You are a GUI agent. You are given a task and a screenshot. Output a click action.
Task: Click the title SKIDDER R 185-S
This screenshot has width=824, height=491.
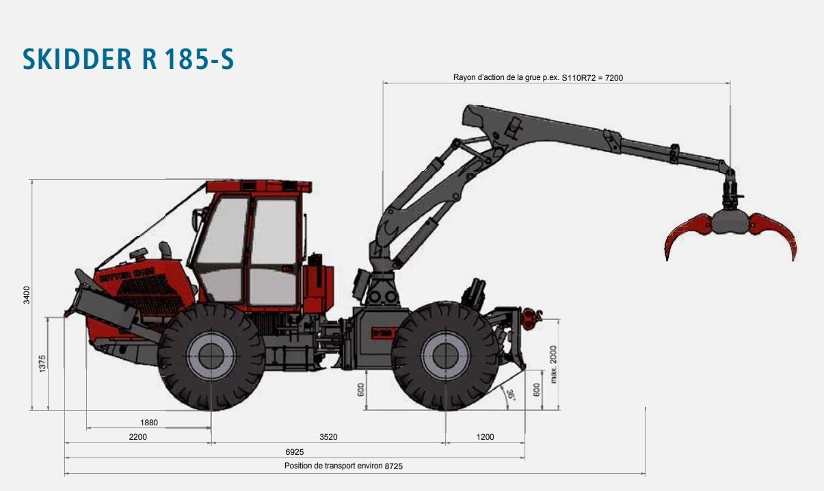[x=129, y=59]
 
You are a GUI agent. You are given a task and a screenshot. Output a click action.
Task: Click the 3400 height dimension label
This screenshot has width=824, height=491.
[x=27, y=295]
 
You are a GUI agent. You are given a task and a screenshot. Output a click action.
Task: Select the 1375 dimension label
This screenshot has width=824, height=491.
[x=42, y=363]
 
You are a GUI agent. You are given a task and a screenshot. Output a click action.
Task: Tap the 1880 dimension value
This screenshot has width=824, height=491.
[x=149, y=423]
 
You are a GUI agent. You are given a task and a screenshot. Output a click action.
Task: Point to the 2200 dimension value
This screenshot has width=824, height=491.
[x=137, y=437]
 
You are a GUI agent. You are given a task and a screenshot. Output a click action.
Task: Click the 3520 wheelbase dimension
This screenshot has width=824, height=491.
[x=329, y=437]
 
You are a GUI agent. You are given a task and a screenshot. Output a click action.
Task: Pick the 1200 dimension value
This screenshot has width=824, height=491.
[x=485, y=437]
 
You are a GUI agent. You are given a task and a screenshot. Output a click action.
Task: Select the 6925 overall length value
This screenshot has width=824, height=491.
[x=295, y=452]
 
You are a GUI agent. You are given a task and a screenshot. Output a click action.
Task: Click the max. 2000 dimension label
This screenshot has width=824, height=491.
[x=553, y=363]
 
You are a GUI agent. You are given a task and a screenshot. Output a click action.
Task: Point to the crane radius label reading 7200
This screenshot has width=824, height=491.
[x=538, y=77]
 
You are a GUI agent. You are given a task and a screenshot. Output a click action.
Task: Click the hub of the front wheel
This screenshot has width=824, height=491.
[x=211, y=356]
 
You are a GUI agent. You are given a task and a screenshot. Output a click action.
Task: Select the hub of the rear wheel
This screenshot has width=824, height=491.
[x=445, y=356]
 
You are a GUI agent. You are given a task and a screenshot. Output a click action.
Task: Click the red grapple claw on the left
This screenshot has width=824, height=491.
[x=687, y=233]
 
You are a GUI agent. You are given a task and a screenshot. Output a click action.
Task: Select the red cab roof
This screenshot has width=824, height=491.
[x=258, y=186]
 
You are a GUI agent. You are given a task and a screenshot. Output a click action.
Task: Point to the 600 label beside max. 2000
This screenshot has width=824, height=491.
[x=537, y=390]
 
